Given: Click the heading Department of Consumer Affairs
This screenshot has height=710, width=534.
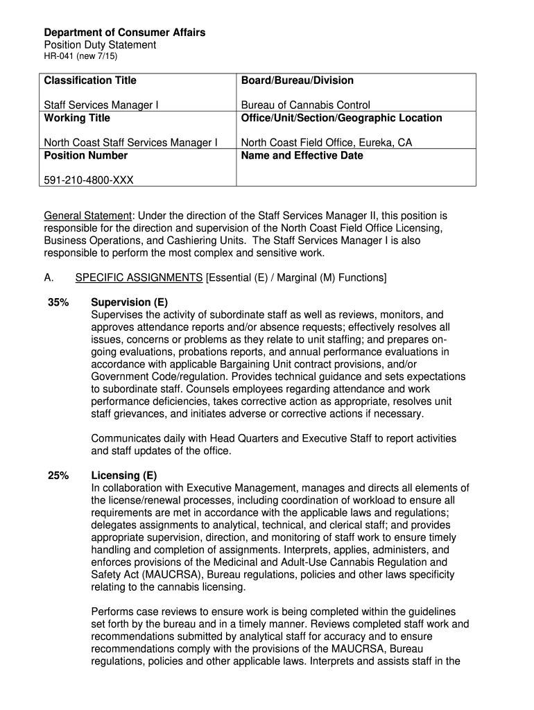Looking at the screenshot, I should pos(125,33).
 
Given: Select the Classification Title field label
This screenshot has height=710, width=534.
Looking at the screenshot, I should pos(90,80).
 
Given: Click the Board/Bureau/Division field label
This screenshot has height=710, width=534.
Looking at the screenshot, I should pos(297,80).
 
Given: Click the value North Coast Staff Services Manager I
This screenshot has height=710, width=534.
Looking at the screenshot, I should pos(130,143).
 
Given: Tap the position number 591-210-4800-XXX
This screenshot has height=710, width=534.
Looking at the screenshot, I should pos(89,180).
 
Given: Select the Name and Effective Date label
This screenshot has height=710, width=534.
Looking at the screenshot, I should pos(302,155).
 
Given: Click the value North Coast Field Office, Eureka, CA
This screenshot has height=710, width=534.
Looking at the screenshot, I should pos(326,143).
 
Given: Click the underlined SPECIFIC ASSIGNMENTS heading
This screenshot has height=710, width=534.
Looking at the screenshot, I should pos(139,277).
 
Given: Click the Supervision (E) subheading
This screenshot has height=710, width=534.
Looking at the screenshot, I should pos(130,302).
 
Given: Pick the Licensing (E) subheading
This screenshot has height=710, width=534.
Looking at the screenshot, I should pos(124,476).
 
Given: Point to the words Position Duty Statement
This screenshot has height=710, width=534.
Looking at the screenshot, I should pos(100,45).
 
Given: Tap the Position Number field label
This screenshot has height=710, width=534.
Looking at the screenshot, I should pos(86,155).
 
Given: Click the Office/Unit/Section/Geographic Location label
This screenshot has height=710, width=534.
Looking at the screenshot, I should pos(341,118).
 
